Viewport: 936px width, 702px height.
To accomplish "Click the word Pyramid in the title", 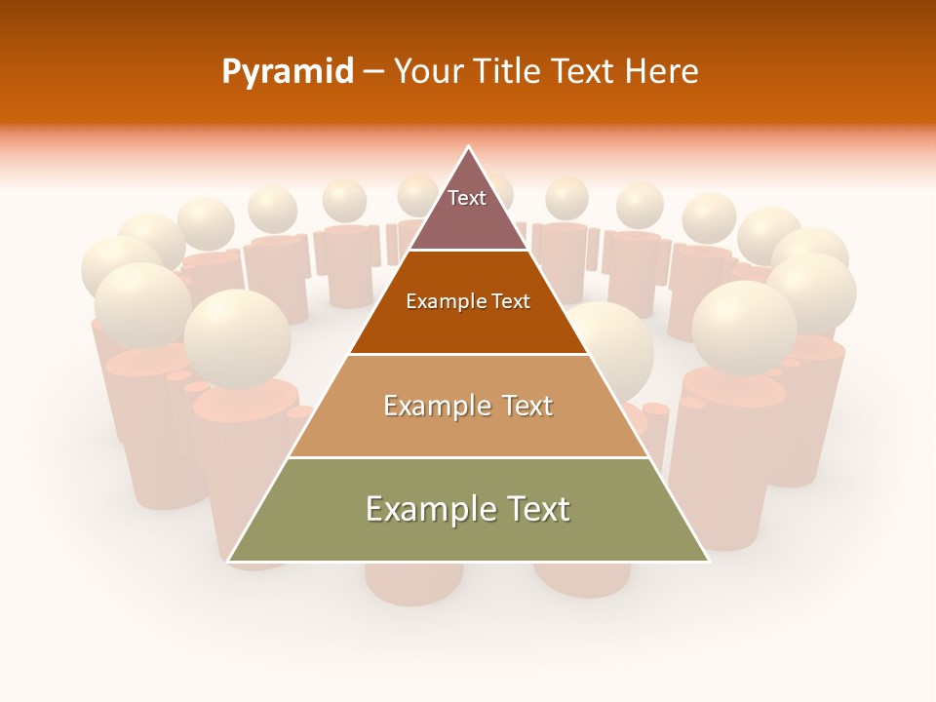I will click(287, 72).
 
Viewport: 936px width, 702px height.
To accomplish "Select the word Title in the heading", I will click(507, 72).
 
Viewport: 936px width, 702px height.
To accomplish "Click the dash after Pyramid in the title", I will click(372, 72).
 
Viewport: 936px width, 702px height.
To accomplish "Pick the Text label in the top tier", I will click(467, 198).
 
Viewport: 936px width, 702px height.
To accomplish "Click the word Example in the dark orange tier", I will click(440, 301).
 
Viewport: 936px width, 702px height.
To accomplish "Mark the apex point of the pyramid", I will click(468, 148).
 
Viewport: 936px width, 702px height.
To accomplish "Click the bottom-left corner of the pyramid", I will click(229, 561).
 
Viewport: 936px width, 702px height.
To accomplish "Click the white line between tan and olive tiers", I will click(468, 457).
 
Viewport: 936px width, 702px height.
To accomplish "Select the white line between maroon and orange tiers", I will click(468, 251).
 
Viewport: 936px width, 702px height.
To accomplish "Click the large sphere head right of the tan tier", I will click(744, 327).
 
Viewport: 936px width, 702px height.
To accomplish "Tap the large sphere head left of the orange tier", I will click(237, 338).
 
